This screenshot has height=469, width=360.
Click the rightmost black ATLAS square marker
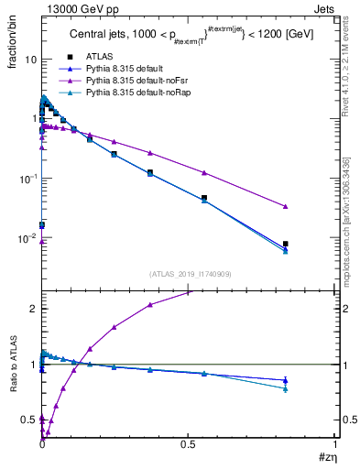286,245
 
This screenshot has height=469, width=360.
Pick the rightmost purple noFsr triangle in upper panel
286,206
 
